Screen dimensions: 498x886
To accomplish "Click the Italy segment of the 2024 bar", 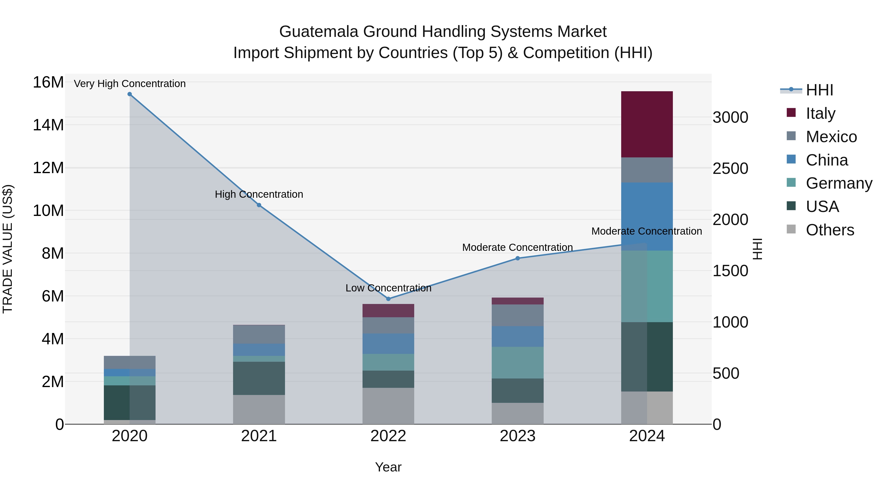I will point(647,124).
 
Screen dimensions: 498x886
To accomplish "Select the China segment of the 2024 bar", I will point(647,216).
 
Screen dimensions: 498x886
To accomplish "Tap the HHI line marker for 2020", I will point(130,94).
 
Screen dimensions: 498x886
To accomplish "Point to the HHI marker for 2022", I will point(388,299).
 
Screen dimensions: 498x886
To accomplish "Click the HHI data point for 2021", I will point(259,205).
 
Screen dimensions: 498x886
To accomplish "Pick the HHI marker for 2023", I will point(518,258).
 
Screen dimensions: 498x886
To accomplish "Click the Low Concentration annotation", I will point(388,288).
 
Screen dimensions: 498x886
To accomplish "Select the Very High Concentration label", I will point(130,84).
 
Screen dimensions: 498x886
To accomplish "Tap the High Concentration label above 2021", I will point(259,194).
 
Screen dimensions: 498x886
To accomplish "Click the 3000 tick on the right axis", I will point(730,118).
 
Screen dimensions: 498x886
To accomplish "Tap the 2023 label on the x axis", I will point(518,436).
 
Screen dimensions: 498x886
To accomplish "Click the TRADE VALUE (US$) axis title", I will point(8,249).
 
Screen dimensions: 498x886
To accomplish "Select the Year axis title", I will point(388,467).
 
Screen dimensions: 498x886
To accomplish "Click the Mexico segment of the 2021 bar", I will point(259,334).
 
